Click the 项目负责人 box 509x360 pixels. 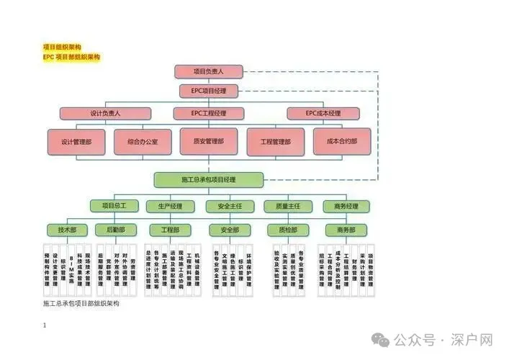pos(209,71)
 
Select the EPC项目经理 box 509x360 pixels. pos(209,91)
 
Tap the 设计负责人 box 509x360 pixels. pos(105,113)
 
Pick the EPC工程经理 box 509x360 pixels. pos(209,113)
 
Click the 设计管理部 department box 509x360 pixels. pos(76,142)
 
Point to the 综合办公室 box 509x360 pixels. pos(143,142)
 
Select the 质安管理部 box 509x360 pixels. pos(209,141)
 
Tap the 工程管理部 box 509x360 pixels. pos(276,142)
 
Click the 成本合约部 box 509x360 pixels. pos(342,142)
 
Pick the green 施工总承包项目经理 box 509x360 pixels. pos(209,179)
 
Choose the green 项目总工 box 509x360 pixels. pos(113,206)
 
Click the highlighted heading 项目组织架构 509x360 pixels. pos(62,47)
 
